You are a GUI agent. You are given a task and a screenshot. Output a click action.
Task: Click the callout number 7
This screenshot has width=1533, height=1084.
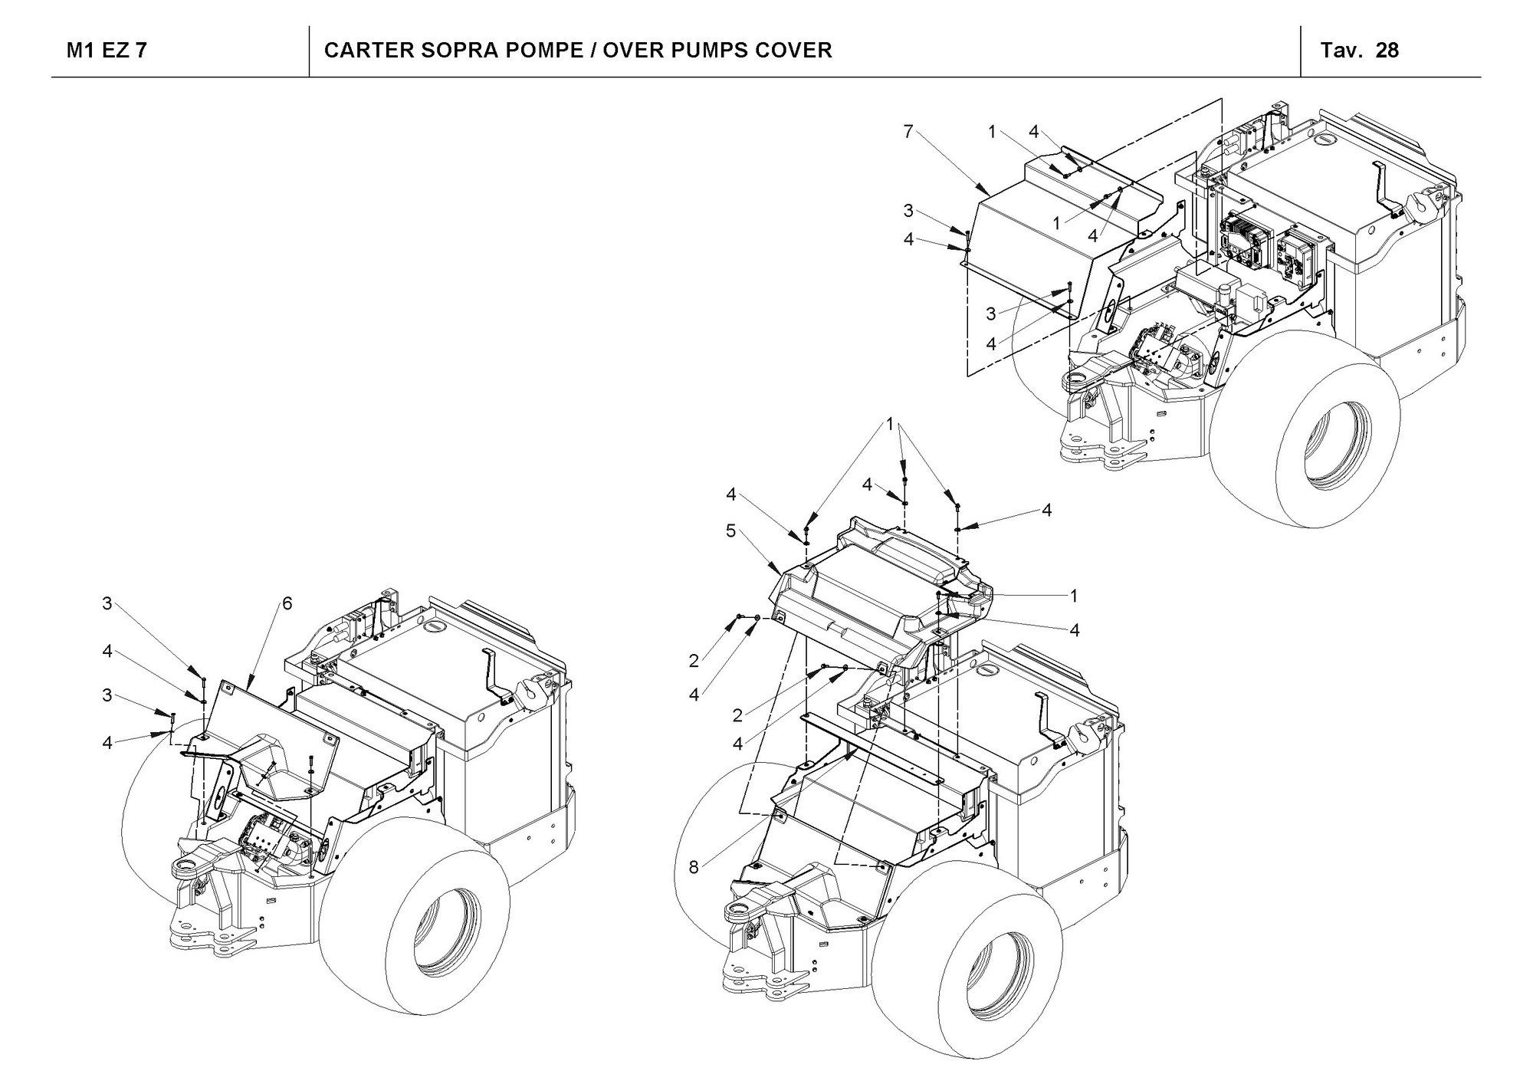[x=908, y=132]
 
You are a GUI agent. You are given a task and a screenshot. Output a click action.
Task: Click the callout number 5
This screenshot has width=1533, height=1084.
[x=730, y=531]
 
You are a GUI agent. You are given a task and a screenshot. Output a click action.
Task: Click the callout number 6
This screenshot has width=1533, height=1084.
[x=287, y=603]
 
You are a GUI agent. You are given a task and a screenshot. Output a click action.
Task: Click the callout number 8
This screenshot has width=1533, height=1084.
[x=694, y=867]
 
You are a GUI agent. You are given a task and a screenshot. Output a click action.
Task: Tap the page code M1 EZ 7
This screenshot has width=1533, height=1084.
[x=107, y=51]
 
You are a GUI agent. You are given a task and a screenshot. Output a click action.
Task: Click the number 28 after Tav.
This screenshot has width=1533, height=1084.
[x=1387, y=51]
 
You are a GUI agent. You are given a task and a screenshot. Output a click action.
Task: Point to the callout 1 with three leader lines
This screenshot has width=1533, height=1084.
[x=891, y=424]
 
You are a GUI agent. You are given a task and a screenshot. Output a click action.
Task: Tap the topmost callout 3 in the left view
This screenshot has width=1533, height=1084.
[x=107, y=604]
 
